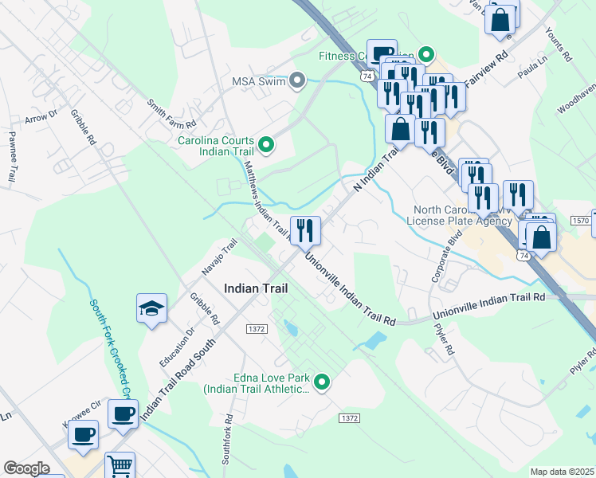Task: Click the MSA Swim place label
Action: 258,81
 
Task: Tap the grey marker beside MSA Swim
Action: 298,80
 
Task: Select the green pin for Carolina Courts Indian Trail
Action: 267,144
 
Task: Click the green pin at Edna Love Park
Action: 322,383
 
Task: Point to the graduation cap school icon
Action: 151,308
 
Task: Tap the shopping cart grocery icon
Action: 120,466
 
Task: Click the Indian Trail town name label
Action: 256,288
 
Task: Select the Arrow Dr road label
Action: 41,116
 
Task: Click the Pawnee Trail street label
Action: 13,157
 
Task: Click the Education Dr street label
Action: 178,347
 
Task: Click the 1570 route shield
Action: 581,220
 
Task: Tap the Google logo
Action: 26,468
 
